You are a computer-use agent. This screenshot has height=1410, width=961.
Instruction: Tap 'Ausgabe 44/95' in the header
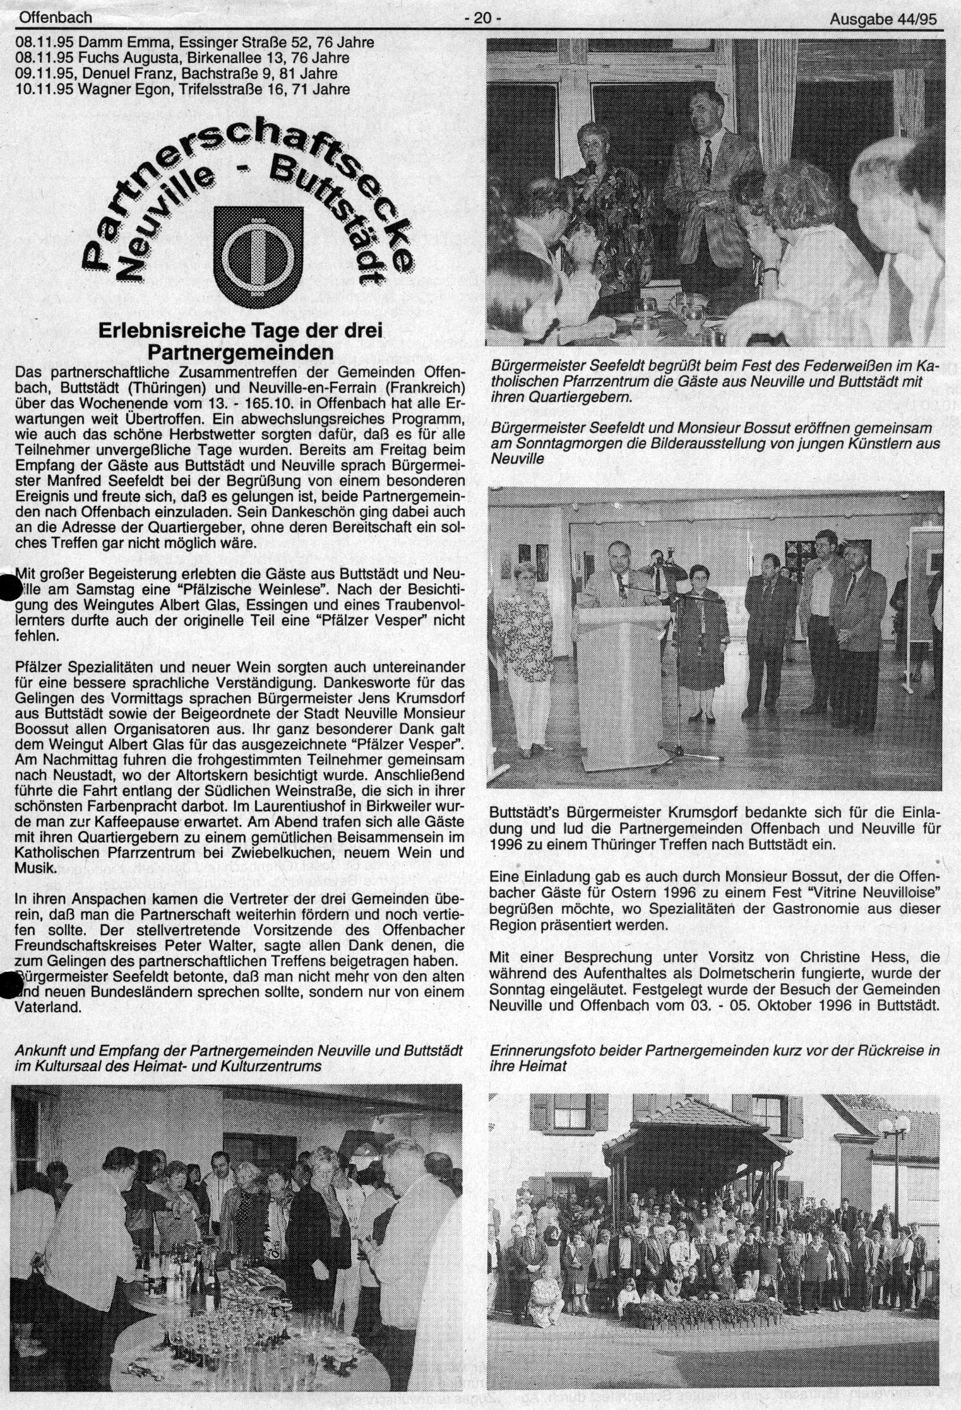(884, 20)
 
